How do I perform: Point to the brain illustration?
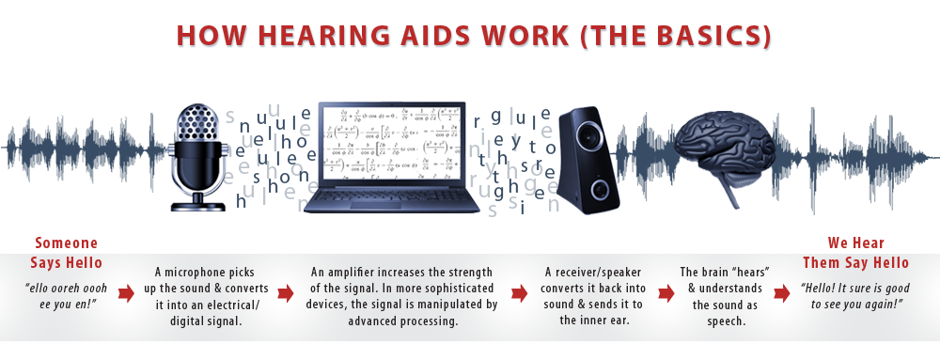pos(728,150)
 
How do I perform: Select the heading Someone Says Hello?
pos(67,253)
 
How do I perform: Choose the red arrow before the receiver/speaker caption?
pos(518,293)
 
